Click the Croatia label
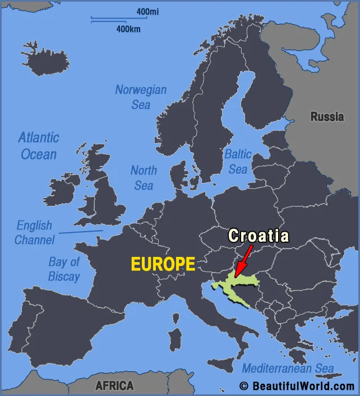click(258, 236)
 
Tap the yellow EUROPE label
click(163, 264)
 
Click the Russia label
click(327, 117)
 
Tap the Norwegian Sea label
click(141, 96)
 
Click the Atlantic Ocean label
click(38, 145)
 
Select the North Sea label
click(144, 177)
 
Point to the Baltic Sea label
click(238, 161)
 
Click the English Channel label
click(34, 232)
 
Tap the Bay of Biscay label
click(64, 269)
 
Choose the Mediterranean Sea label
click(287, 369)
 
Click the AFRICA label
click(114, 386)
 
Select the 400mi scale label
click(147, 11)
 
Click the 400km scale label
click(128, 29)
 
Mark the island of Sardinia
click(175, 342)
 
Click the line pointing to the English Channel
click(81, 231)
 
